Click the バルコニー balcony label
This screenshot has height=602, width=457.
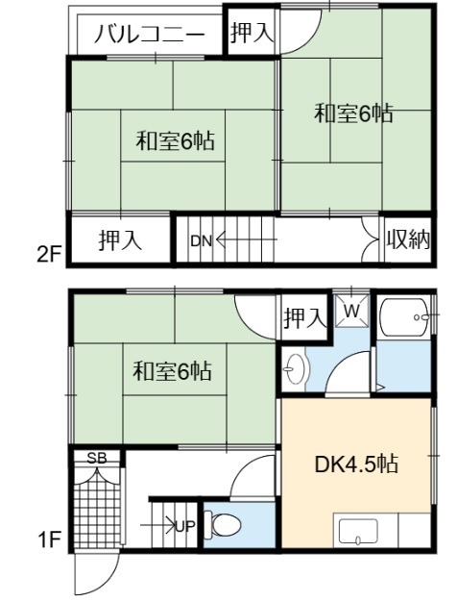pyautogui.click(x=149, y=35)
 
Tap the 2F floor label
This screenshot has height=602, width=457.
pyautogui.click(x=50, y=255)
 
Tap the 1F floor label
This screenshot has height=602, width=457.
pyautogui.click(x=50, y=540)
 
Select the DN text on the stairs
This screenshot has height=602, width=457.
pyautogui.click(x=201, y=241)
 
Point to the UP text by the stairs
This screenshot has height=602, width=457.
pyautogui.click(x=185, y=526)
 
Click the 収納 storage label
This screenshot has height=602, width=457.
pyautogui.click(x=408, y=240)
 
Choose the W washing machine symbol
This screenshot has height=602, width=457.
pyautogui.click(x=352, y=311)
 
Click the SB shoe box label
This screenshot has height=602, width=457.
pyautogui.click(x=97, y=458)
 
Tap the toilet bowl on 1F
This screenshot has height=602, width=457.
pyautogui.click(x=222, y=524)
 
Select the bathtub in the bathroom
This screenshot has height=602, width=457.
pyautogui.click(x=403, y=317)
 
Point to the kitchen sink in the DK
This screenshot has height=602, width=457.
pyautogui.click(x=358, y=532)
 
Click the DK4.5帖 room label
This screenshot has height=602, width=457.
pyautogui.click(x=356, y=464)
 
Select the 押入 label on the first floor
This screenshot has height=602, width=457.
pyautogui.click(x=305, y=318)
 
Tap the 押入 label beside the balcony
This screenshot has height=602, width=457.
pyautogui.click(x=253, y=33)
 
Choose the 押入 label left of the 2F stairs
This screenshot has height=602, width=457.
pyautogui.click(x=120, y=240)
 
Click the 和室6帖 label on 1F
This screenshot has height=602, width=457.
pyautogui.click(x=172, y=371)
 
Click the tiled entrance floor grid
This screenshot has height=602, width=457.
pyautogui.click(x=97, y=510)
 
